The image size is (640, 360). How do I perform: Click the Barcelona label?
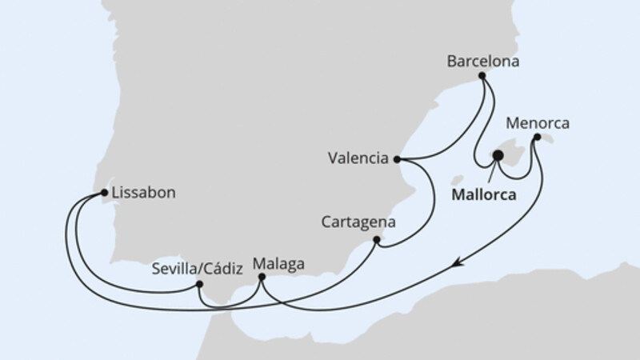coord(483,60)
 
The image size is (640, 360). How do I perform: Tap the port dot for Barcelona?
coord(482,77)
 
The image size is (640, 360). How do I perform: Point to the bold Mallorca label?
coord(483,194)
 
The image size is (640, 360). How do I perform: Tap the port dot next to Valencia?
coord(398,158)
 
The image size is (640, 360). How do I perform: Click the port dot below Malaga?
coord(262,278)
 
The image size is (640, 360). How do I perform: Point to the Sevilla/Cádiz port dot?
coord(199,284)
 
